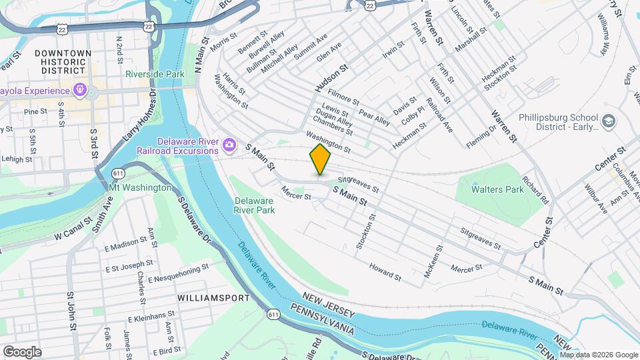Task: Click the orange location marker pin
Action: (320, 161)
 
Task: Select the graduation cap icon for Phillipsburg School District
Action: (608, 121)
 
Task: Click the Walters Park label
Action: (497, 189)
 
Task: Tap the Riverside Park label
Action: (155, 75)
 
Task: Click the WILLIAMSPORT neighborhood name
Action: (204, 298)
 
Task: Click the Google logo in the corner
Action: (22, 351)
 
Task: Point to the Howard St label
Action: (385, 272)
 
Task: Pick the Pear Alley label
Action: (375, 117)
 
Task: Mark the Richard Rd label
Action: (535, 190)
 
